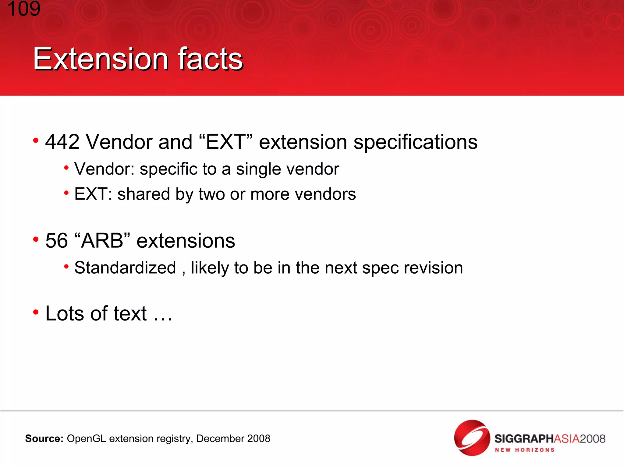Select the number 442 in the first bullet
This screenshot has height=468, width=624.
pyautogui.click(x=62, y=142)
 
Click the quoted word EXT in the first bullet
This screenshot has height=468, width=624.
pyautogui.click(x=225, y=142)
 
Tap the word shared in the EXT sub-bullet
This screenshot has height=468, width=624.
pyautogui.click(x=144, y=194)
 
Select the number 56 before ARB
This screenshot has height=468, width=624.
pyautogui.click(x=57, y=241)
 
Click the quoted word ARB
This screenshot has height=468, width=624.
pyautogui.click(x=102, y=241)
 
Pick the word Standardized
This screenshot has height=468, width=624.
pyautogui.click(x=125, y=268)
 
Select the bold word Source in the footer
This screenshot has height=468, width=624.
pyautogui.click(x=44, y=439)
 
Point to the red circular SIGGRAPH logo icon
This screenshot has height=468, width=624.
pyautogui.click(x=472, y=438)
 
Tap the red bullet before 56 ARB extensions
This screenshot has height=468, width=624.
pyautogui.click(x=36, y=239)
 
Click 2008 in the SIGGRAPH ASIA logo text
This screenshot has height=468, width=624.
pyautogui.click(x=592, y=439)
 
